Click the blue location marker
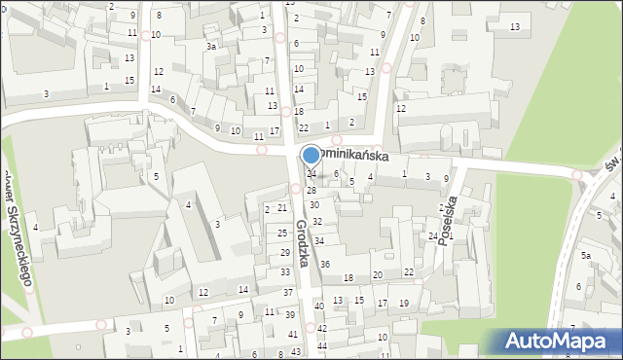click(311, 155)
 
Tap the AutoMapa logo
click(558, 342)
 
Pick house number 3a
click(210, 46)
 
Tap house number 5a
click(586, 255)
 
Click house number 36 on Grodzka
click(325, 265)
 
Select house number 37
click(287, 292)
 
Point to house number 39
click(290, 314)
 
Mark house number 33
click(285, 271)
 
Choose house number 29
click(285, 252)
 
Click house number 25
click(281, 233)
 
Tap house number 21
click(282, 207)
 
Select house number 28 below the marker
click(311, 190)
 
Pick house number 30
click(313, 205)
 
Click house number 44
click(321, 345)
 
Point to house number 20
click(378, 275)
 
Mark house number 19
click(404, 304)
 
